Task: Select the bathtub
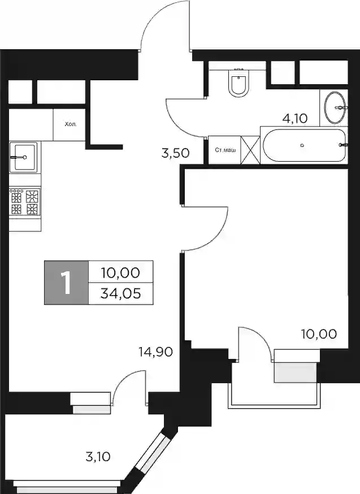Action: (304, 145)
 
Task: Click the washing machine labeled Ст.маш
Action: (224, 150)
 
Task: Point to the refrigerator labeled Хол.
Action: (70, 124)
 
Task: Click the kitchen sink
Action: (23, 157)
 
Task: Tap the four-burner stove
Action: (25, 202)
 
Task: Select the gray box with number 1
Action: (67, 282)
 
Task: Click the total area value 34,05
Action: (120, 293)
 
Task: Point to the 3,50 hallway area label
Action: (175, 153)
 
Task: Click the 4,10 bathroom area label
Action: (295, 119)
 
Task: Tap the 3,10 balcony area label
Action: (98, 457)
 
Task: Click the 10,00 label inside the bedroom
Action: (319, 333)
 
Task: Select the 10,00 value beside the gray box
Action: (120, 272)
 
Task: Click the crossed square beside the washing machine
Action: (250, 150)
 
